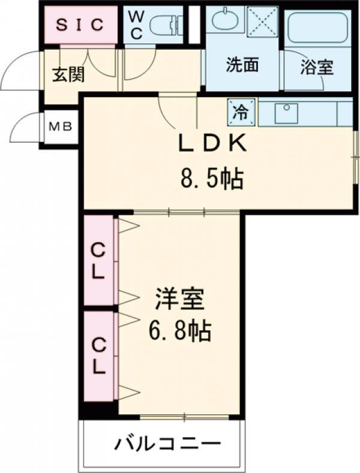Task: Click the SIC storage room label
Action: (80, 25)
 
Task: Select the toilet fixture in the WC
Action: (165, 26)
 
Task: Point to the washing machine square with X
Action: (262, 22)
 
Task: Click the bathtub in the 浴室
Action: (317, 26)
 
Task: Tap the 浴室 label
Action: (317, 67)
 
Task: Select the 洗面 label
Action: (242, 65)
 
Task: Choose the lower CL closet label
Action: (98, 355)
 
